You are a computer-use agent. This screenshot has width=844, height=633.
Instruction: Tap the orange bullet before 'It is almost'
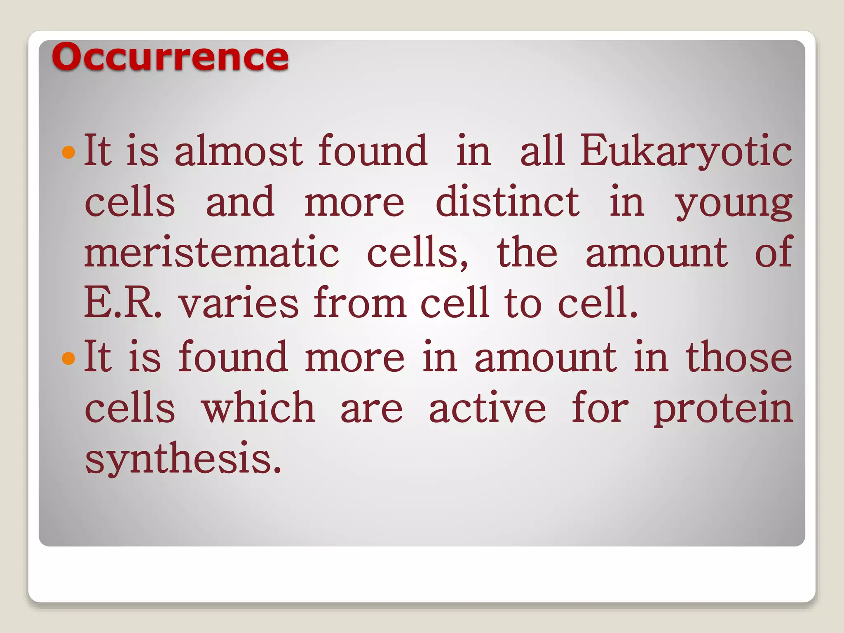coord(68,152)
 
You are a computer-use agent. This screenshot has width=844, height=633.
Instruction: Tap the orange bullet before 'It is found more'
coord(68,358)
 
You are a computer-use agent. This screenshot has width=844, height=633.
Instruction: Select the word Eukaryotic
coord(686,152)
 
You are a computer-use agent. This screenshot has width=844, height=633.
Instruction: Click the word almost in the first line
coord(239,151)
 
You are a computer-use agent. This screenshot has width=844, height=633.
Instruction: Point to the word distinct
coord(507,202)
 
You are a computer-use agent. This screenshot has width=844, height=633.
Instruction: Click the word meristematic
coord(212,252)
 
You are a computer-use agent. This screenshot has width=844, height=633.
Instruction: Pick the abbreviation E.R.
coord(122,303)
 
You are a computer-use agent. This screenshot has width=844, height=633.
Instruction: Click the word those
coord(738,357)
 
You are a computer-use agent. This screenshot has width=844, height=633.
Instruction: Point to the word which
coord(258,408)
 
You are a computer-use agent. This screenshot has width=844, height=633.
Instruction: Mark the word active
coord(487,408)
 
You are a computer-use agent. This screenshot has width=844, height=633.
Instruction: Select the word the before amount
coord(527,252)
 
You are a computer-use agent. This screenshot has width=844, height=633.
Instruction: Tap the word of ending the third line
coord(773,252)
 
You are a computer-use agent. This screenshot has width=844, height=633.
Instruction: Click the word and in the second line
coord(240,202)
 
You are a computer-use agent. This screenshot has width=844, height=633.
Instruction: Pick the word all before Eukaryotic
coord(542,151)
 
